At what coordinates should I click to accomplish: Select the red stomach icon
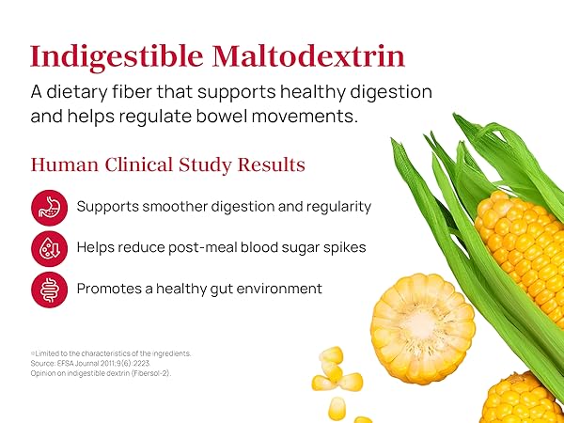point(49,207)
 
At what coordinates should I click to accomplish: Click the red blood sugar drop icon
point(49,248)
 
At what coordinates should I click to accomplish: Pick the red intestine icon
point(49,289)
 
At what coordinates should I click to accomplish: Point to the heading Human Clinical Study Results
point(168,164)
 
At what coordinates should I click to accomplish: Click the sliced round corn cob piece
point(422,315)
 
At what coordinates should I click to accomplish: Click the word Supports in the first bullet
point(108,207)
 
